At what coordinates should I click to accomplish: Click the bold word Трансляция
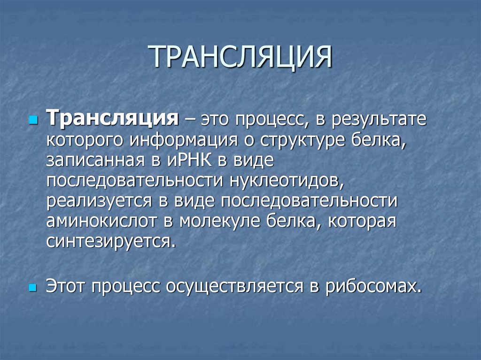pos(112,118)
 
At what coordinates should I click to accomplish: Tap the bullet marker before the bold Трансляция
pos(32,120)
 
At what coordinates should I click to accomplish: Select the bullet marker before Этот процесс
pos(32,286)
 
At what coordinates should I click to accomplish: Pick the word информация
pos(181,140)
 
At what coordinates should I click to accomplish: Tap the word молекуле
pos(215,222)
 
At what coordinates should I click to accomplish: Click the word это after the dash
pos(218,119)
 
